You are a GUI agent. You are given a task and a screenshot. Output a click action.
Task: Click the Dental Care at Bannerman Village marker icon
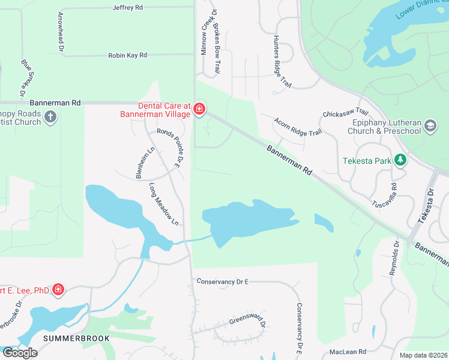(199, 109)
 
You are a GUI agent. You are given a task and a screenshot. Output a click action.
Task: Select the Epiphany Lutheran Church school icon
(430, 125)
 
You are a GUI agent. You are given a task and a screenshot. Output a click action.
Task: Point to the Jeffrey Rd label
(128, 8)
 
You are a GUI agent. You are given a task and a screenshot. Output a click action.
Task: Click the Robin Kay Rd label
(127, 55)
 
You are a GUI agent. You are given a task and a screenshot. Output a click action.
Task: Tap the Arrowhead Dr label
(61, 31)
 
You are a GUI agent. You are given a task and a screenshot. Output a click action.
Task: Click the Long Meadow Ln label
(164, 204)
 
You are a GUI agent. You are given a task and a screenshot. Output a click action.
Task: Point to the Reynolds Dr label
(394, 259)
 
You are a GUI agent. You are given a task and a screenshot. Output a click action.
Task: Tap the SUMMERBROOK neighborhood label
(76, 338)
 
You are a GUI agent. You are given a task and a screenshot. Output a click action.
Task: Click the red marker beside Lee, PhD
(58, 290)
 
